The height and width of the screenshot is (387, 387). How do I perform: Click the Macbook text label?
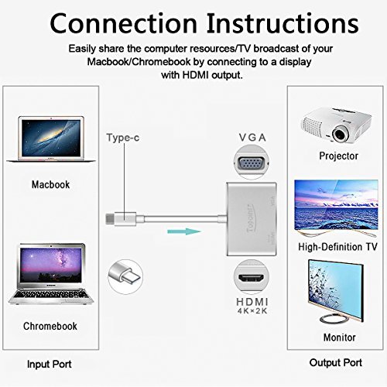(50, 185)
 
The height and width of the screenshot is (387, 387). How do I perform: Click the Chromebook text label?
(50, 326)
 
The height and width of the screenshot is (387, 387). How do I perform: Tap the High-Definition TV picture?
(337, 209)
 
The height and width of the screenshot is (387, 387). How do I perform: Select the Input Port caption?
(50, 364)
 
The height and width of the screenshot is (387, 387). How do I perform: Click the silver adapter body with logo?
(249, 210)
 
